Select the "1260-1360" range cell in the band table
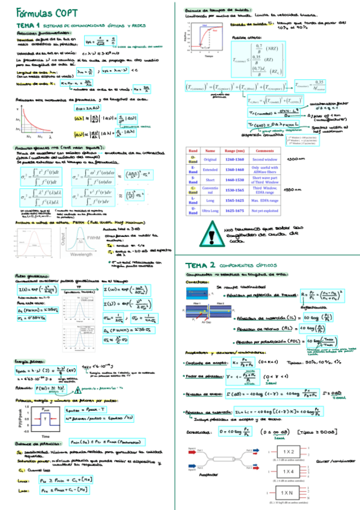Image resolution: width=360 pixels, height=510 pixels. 235,159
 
